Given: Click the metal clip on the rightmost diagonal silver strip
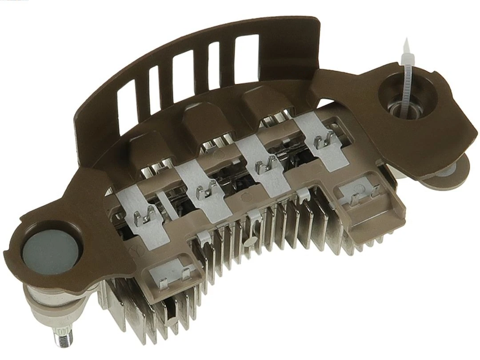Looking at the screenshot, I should [x=324, y=142].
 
